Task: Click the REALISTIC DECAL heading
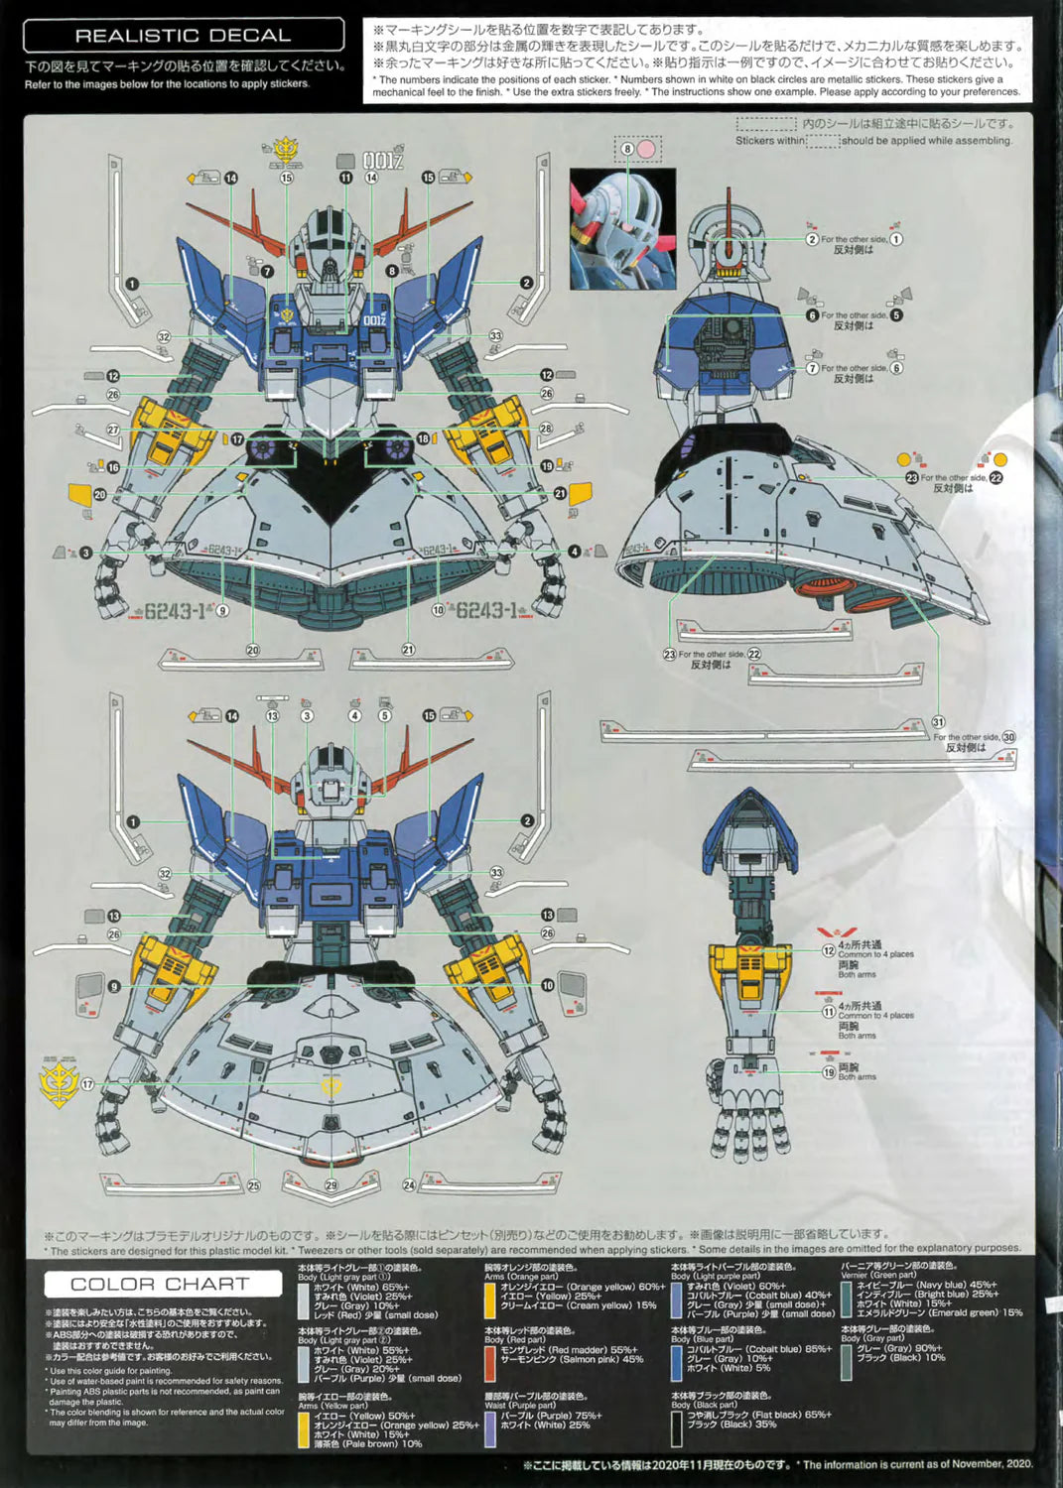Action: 183,36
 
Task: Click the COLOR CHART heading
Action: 160,1284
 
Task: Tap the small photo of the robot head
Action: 622,229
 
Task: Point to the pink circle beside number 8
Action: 646,149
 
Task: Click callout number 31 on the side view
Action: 938,722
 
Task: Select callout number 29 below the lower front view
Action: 331,1184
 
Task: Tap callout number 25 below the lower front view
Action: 253,1184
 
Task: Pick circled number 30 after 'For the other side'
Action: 1008,737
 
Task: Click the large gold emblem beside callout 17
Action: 58,1082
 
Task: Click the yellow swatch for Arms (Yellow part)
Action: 304,1428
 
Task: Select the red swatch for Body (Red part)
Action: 489,1363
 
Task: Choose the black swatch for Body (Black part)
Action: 676,1427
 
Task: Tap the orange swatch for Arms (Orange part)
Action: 489,1298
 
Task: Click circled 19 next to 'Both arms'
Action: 828,1072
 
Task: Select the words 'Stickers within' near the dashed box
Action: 770,141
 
